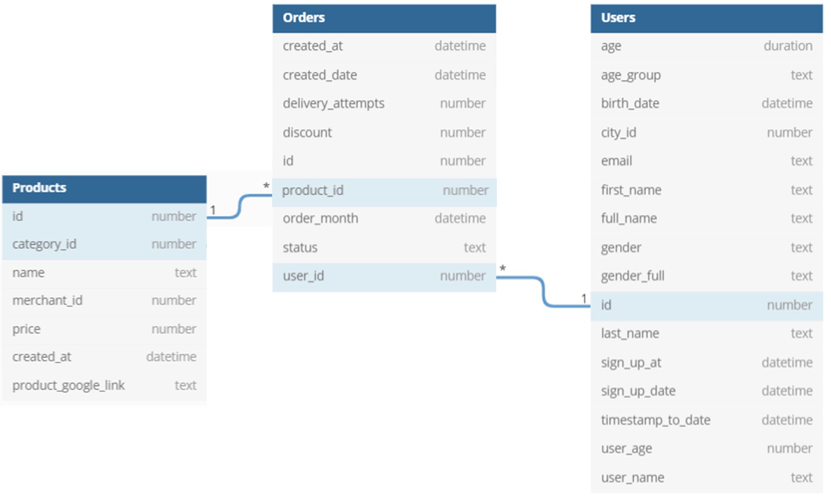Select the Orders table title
303,18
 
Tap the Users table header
618,18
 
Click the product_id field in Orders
313,190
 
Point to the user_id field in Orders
303,276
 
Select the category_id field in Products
44,244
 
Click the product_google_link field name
68,385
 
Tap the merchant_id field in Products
47,301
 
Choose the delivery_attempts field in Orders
334,104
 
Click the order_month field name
320,219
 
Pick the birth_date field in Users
630,104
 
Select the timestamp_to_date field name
655,420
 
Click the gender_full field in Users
633,276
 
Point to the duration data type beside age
787,46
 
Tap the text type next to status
474,248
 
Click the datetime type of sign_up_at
787,363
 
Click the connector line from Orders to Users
543,291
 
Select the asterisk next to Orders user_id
503,268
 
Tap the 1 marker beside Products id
213,210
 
